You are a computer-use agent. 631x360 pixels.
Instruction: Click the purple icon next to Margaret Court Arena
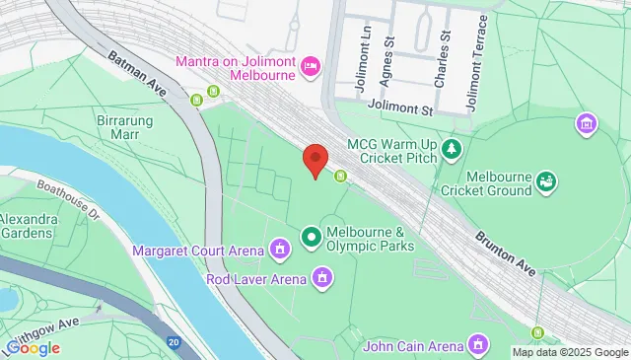tap(280, 246)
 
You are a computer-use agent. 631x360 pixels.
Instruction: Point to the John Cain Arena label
tap(413, 345)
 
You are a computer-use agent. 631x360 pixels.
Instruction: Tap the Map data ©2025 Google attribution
tap(569, 352)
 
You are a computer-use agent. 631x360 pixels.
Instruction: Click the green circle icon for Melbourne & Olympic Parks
tap(312, 236)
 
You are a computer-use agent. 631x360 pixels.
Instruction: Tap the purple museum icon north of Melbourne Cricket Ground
tap(587, 124)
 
